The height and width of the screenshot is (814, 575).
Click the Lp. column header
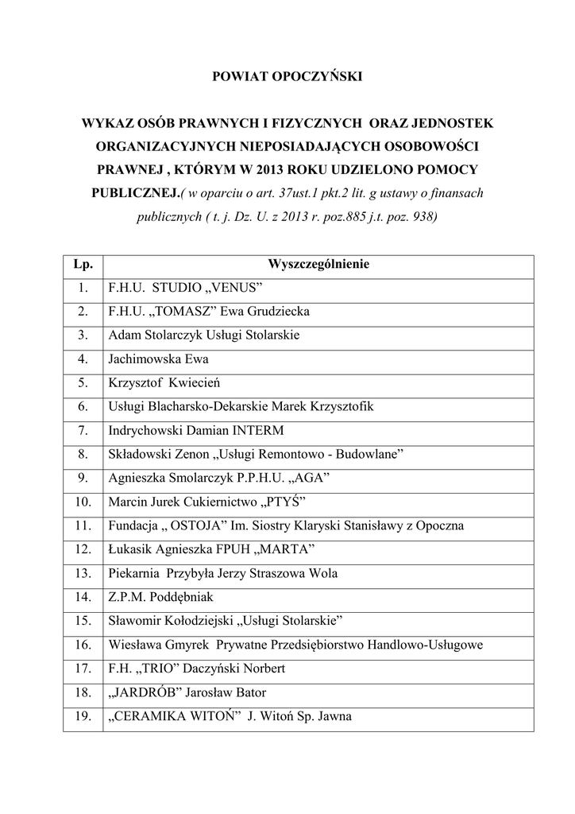(83, 263)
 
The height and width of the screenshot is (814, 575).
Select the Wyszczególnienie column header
(318, 263)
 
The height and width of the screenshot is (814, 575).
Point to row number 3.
(83, 335)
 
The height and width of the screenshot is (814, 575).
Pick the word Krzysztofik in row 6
(341, 406)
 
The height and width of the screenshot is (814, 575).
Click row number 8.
(83, 454)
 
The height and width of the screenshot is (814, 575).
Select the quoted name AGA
(308, 478)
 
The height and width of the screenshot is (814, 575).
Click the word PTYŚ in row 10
(284, 502)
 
